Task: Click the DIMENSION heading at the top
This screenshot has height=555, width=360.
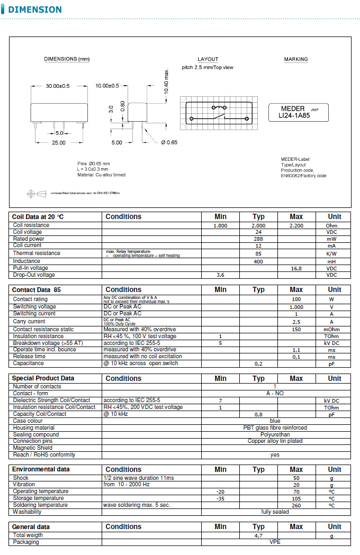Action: (34, 10)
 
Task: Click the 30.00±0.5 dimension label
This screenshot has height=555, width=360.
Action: (58, 86)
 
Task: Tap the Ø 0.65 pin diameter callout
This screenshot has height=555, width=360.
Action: (169, 142)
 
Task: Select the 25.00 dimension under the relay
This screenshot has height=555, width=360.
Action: (58, 143)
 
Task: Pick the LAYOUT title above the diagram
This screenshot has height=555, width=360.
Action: (208, 59)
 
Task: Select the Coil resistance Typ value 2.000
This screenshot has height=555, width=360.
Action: (258, 225)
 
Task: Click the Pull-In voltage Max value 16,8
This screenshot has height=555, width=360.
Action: (296, 268)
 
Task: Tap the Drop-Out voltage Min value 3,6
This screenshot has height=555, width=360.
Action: (220, 275)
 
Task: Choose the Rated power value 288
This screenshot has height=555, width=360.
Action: (258, 239)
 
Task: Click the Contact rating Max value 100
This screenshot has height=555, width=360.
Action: (296, 299)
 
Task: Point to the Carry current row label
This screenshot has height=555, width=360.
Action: (29, 322)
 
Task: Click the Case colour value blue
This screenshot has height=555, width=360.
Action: (275, 421)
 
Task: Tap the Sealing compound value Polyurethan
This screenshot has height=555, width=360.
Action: (275, 434)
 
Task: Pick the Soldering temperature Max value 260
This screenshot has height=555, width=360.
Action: (296, 505)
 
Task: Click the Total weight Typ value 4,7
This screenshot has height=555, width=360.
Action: (258, 536)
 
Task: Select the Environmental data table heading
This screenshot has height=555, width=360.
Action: (41, 469)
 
